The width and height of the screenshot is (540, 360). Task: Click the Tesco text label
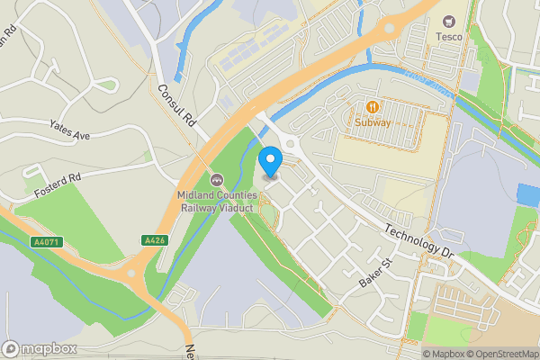pos(449,37)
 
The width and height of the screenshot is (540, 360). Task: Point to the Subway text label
pos(371,122)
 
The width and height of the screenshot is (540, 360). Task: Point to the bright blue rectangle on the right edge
pos(528,194)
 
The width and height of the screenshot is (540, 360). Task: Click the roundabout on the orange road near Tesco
pos(389,27)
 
